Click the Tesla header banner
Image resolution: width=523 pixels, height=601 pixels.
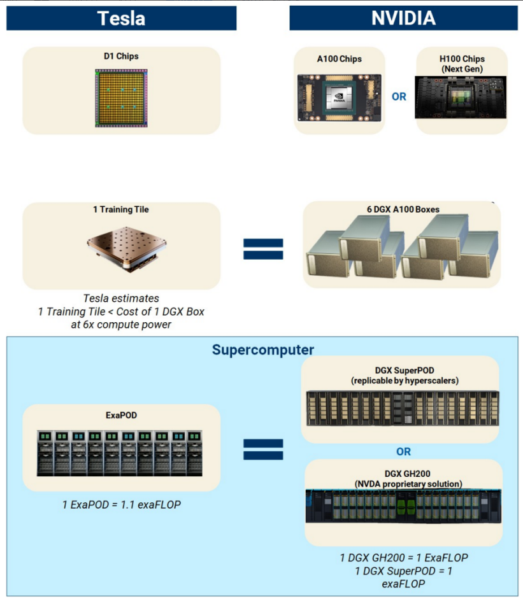click(121, 18)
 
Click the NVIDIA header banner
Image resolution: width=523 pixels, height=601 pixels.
click(403, 18)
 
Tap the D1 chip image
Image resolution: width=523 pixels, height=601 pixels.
click(122, 98)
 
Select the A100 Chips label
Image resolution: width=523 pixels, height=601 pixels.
click(339, 59)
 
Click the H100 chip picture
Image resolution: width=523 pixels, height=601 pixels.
click(461, 97)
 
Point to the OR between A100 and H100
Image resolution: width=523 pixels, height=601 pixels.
click(399, 97)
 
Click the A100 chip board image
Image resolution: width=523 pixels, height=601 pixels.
click(339, 97)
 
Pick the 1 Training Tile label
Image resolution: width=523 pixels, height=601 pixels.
click(121, 209)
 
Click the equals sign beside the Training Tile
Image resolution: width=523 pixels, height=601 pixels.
click(263, 249)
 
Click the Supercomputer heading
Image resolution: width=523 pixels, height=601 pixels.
click(262, 350)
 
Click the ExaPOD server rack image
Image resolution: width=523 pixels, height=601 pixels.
click(120, 453)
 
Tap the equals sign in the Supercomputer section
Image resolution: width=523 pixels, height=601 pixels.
click(263, 449)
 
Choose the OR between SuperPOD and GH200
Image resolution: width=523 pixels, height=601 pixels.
click(403, 451)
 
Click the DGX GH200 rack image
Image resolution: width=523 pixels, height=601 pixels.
click(403, 506)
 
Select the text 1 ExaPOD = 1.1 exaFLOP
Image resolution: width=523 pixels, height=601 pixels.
click(121, 505)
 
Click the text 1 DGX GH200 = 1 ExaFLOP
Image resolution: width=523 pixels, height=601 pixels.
click(404, 558)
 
